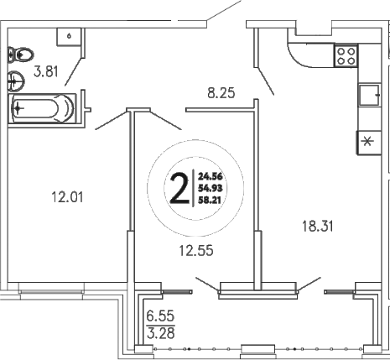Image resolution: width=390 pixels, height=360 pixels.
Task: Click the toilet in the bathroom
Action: (x=18, y=55)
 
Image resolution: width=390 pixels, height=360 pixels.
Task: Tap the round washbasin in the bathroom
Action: (x=15, y=82)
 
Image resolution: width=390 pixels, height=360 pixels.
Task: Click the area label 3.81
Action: (x=47, y=73)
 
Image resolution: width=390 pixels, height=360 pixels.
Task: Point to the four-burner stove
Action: (x=346, y=55)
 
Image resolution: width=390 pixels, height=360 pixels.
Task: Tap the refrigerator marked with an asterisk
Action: (x=367, y=141)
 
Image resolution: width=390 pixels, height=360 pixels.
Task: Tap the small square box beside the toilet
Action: (x=67, y=36)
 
